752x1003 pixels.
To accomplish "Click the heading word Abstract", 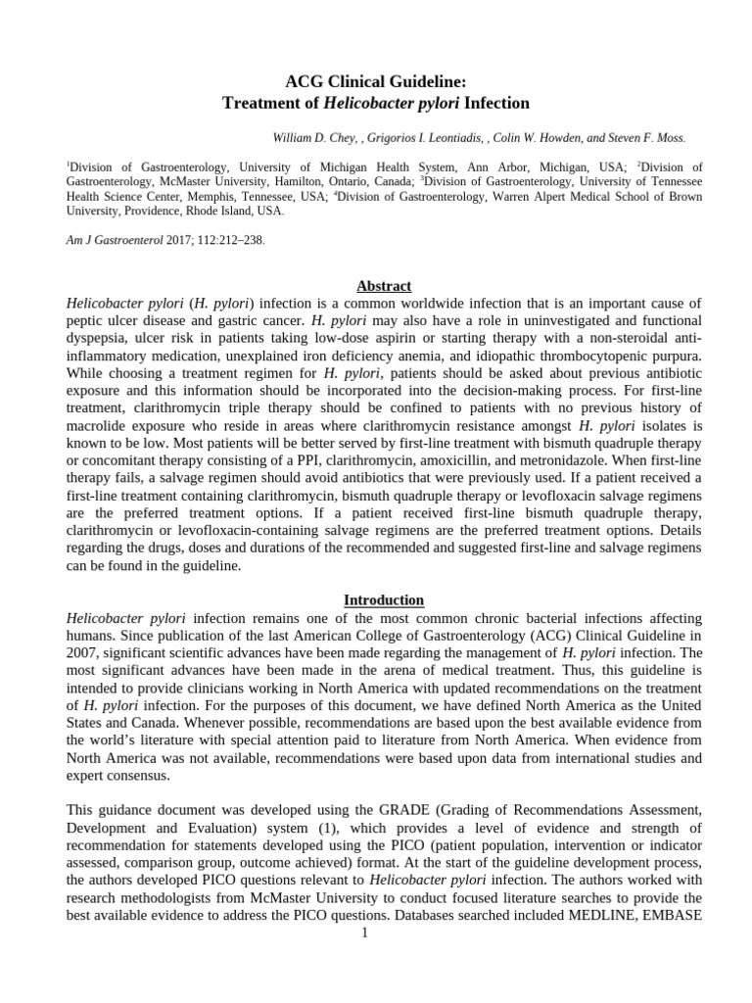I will point(383,286).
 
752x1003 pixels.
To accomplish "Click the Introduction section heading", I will point(383,599).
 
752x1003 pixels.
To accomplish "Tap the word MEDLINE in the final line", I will point(611,916).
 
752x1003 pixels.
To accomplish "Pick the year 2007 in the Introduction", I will point(83,653).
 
